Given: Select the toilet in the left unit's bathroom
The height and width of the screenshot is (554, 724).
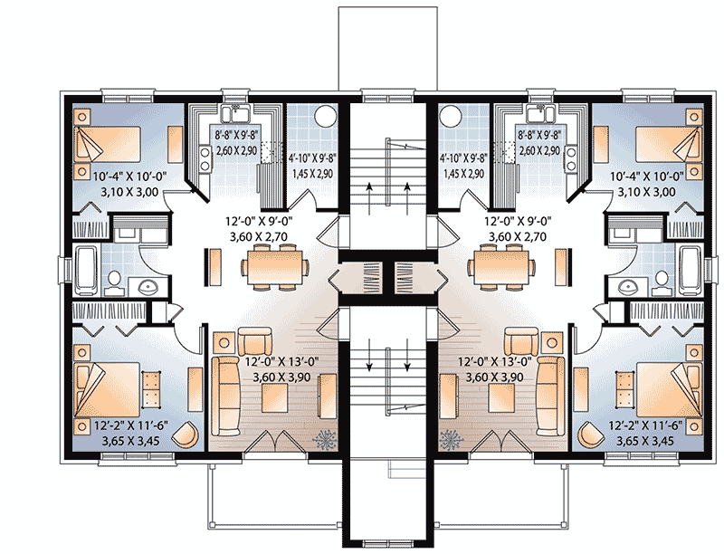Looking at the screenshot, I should coord(111,283).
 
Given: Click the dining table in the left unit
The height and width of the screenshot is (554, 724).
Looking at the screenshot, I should coord(276,265).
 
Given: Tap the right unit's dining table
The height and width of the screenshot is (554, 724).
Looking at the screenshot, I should coord(504,265).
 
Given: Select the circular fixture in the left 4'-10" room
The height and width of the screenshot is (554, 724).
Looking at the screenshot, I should coord(326,115).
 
